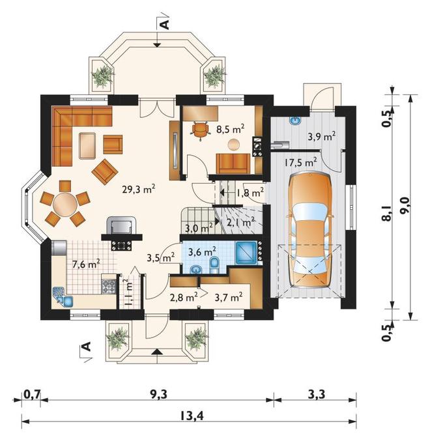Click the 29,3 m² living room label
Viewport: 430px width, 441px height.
139,189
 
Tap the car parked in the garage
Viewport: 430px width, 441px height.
310,230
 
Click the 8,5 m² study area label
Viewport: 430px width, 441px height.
230,129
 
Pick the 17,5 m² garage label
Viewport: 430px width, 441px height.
300,162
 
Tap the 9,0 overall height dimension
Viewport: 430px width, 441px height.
407,207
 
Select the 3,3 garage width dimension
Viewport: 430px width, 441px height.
317,394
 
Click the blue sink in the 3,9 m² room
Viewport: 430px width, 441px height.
295,121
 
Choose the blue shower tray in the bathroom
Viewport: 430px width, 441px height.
246,253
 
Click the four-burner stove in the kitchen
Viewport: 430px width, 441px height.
109,286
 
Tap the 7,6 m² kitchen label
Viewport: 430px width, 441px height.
86,264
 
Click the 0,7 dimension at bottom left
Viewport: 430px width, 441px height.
33,394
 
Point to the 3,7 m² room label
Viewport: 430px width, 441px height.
229,297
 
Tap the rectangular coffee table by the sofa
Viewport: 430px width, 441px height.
87,146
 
